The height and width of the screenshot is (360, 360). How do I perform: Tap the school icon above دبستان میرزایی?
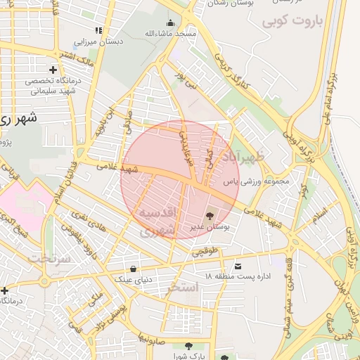(99, 30)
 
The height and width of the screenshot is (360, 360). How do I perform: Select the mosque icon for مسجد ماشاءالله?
(171, 22)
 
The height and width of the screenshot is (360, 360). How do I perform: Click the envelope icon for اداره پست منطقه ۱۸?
(238, 266)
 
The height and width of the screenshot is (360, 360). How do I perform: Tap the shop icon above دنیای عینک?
(134, 268)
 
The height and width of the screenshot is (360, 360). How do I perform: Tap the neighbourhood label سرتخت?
(49, 259)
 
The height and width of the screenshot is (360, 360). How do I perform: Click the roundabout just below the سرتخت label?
(44, 282)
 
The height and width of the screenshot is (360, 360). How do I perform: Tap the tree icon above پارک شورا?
(188, 346)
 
